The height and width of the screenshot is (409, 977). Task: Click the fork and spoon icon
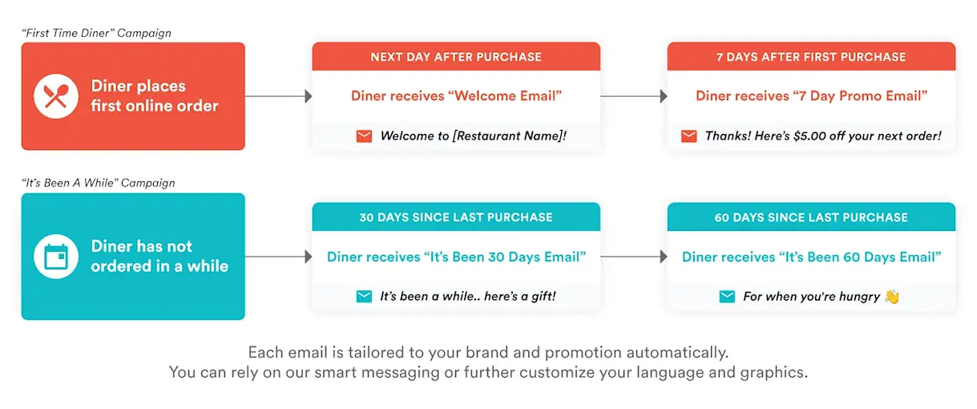click(x=56, y=96)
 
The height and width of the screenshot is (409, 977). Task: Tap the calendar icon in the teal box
click(x=56, y=257)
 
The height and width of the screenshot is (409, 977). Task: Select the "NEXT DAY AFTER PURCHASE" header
click(x=456, y=57)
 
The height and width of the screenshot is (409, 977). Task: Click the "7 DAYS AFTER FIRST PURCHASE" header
click(x=811, y=57)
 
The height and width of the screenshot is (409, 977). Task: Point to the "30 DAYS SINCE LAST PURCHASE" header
click(x=456, y=217)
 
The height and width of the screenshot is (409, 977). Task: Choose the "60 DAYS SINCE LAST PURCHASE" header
click(x=811, y=217)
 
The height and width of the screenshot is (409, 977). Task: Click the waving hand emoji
click(x=892, y=297)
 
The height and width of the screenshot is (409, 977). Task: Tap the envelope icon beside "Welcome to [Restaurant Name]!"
click(x=364, y=136)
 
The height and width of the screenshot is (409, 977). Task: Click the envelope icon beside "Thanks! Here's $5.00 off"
click(x=688, y=136)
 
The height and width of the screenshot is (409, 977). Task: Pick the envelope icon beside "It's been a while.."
click(x=364, y=297)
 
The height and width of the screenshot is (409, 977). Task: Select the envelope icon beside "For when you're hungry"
click(x=727, y=297)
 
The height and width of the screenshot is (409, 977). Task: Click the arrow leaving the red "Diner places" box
click(x=278, y=96)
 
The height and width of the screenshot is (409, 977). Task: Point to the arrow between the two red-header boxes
click(x=633, y=96)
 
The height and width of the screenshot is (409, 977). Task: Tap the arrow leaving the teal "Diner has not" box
click(x=278, y=257)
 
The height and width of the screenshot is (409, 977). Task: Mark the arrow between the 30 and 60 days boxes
click(x=633, y=257)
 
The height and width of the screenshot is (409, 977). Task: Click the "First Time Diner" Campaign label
click(x=96, y=33)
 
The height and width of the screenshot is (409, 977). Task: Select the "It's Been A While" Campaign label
click(x=98, y=183)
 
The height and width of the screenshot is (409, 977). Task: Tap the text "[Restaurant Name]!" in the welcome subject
click(x=510, y=136)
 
